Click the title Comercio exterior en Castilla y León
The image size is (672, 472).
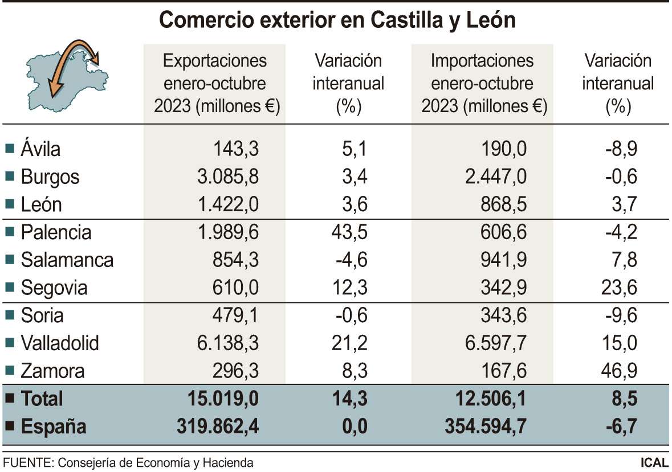coord(337,21)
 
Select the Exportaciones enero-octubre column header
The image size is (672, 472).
coord(215,83)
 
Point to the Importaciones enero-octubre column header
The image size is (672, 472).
coord(483,83)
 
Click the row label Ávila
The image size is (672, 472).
coord(40,149)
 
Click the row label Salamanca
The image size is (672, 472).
coord(67,260)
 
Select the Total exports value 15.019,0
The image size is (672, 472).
coord(223,399)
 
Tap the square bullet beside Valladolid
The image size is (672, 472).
coord(9,343)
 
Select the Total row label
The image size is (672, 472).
coord(42,399)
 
